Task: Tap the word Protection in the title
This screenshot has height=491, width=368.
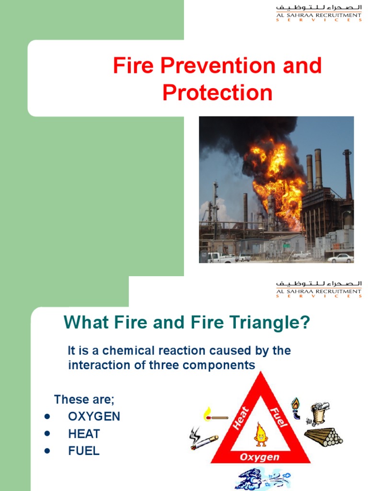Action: coord(218,93)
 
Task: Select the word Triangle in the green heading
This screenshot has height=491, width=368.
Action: coord(270,323)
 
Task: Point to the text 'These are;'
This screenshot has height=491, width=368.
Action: coord(84,399)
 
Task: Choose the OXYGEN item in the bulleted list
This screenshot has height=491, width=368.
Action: coord(94,416)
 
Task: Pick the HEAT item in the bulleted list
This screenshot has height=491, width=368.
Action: coord(84,434)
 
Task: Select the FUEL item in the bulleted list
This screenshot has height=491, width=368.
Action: coord(84,451)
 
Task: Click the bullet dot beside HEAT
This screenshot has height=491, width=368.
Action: coord(47,433)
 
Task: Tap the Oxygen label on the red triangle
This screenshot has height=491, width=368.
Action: coord(259,457)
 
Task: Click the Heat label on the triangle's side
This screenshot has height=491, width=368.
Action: coord(241,418)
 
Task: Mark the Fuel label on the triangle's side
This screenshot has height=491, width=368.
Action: coord(278,417)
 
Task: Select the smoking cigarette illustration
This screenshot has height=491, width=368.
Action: coord(203,439)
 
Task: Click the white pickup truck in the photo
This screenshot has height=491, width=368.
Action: coord(221,257)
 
